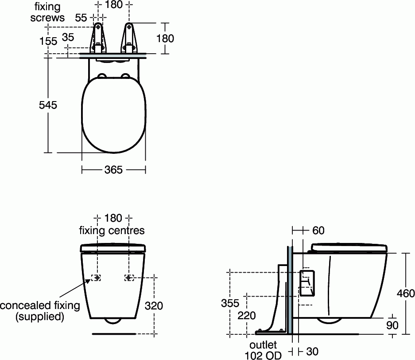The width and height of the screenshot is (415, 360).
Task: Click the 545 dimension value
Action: (48, 105)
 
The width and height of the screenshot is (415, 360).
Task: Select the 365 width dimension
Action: (113, 170)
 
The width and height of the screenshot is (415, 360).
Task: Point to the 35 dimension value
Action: (68, 37)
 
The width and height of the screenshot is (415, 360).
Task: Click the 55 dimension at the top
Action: (81, 18)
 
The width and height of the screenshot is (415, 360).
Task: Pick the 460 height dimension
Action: (406, 293)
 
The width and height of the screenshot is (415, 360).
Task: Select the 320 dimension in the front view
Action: (154, 305)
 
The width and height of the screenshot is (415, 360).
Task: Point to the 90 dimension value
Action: (392, 325)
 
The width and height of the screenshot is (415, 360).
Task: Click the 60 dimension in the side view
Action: (318, 230)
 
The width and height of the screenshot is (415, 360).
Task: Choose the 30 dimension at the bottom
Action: (312, 351)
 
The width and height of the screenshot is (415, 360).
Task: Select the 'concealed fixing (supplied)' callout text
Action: (40, 311)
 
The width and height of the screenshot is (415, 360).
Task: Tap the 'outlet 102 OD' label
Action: (263, 350)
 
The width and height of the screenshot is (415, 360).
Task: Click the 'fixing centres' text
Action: (112, 231)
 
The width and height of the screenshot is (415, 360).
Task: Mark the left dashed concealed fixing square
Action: (96, 278)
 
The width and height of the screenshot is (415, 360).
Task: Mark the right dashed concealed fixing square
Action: (129, 278)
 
